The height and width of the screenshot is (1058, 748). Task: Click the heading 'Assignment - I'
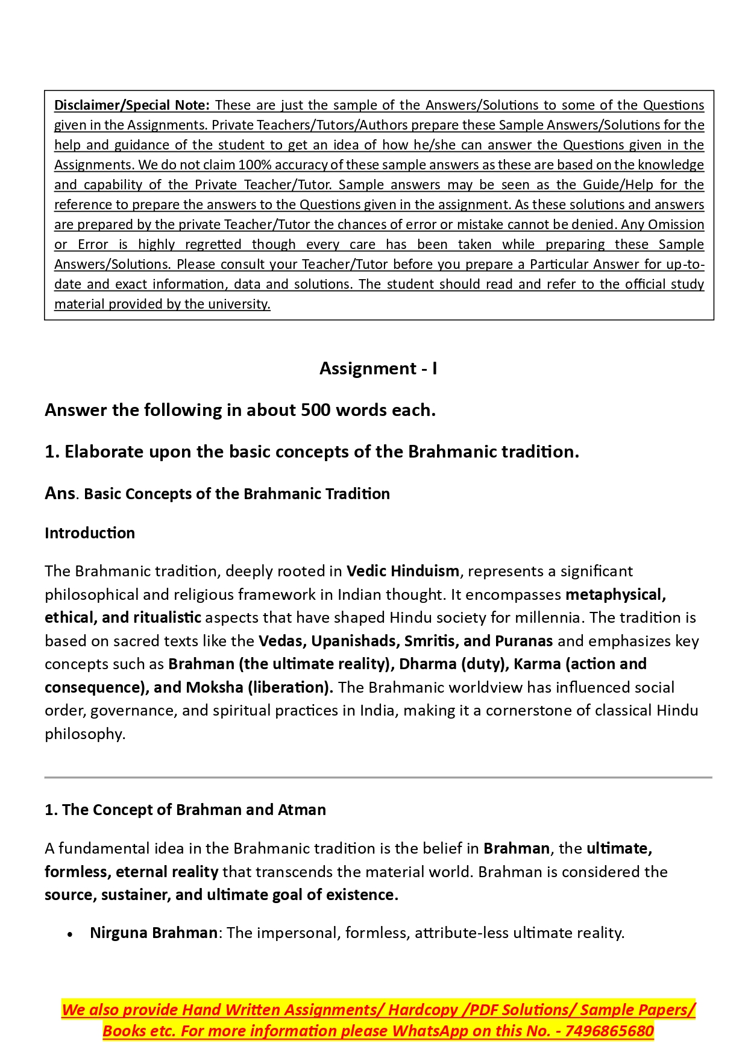pos(378,368)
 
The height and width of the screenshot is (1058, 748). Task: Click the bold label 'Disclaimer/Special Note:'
pos(132,105)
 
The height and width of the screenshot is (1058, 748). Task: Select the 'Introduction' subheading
pos(90,533)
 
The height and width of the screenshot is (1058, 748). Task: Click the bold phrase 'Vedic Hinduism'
pos(403,571)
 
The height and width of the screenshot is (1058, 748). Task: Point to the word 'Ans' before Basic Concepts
pos(60,493)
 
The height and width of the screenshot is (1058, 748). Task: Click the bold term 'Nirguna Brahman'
pos(154,933)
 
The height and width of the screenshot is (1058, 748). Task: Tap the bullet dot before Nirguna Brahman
pos(71,934)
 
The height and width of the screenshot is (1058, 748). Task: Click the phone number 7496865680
pos(609,1031)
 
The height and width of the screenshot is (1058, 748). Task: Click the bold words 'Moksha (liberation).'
pos(259,687)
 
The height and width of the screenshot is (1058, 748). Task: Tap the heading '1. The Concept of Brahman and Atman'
pos(185,810)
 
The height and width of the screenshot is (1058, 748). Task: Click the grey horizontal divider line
pos(378,778)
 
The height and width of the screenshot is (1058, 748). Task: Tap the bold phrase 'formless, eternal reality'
pos(131,872)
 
